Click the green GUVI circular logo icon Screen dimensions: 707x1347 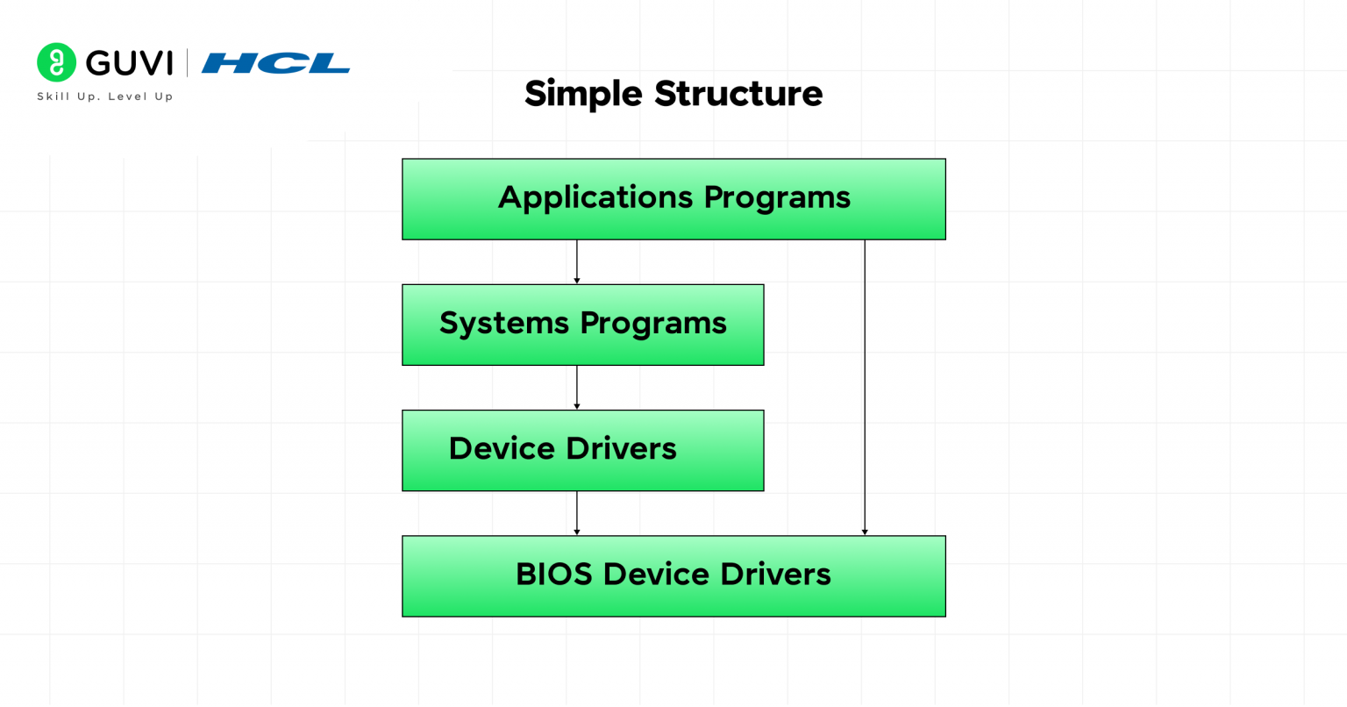tap(56, 62)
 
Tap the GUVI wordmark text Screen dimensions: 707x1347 tap(129, 63)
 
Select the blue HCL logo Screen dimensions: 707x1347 tap(275, 63)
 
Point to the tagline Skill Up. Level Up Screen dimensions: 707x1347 tap(105, 96)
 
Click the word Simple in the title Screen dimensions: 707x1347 tap(583, 94)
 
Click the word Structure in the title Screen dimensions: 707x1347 tap(738, 94)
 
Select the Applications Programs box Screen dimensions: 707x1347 tap(673, 199)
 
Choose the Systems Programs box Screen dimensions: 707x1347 tap(582, 325)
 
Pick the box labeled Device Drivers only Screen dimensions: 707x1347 tap(582, 450)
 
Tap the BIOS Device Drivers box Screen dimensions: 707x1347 tap(673, 576)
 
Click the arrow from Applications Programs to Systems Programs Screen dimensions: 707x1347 tap(576, 261)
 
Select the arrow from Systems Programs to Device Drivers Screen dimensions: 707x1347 tap(576, 387)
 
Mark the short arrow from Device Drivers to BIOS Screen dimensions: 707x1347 tap(576, 513)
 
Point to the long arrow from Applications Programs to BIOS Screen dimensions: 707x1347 tap(865, 386)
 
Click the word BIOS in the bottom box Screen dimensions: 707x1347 tap(553, 575)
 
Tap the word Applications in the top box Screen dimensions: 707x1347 tap(596, 198)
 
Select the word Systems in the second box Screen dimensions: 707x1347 tap(504, 324)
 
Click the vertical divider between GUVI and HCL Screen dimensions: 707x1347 tap(187, 63)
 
